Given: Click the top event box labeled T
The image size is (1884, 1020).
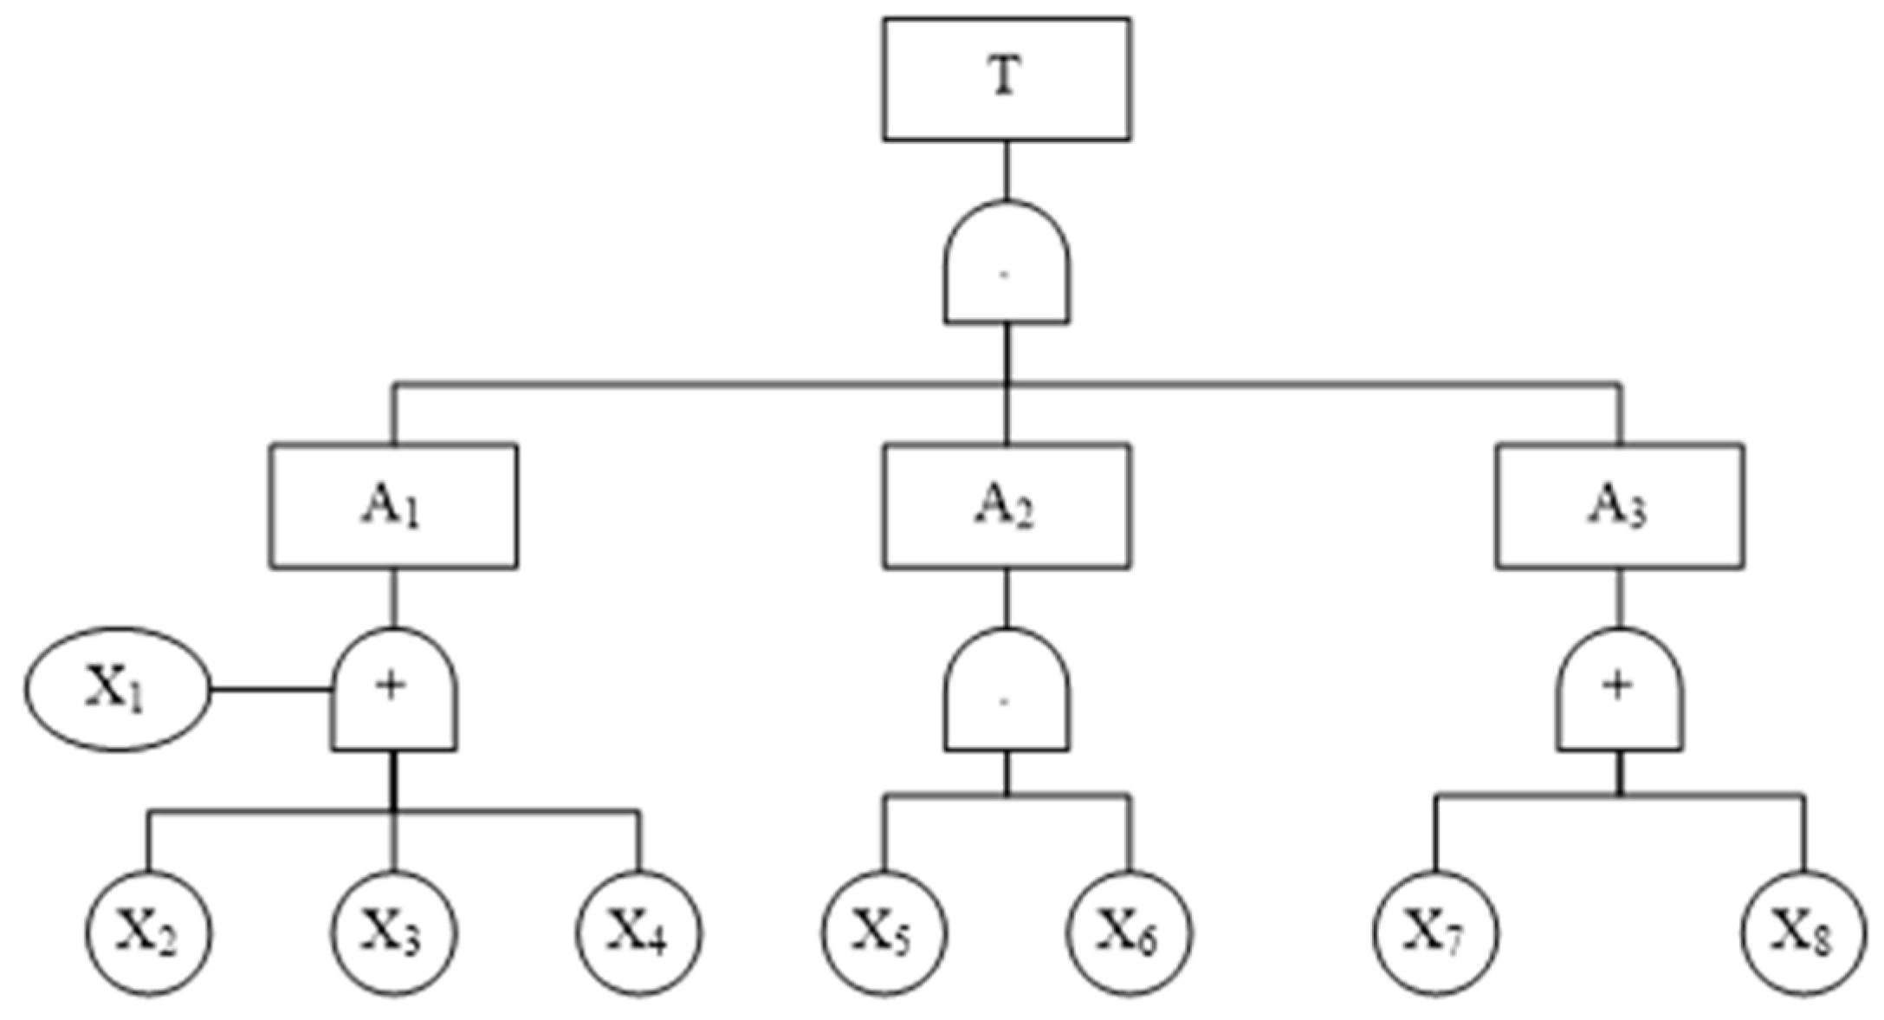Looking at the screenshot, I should point(1006,79).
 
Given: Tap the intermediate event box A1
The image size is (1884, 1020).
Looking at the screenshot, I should point(393,506).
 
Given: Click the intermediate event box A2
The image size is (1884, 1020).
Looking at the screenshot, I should point(1006,506).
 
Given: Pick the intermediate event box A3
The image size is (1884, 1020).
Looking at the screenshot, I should point(1619,506).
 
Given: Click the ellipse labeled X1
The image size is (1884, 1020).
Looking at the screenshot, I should point(118,689).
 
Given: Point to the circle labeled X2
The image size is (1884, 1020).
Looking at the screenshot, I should point(149,933).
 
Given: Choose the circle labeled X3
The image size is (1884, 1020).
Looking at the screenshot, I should point(393,933).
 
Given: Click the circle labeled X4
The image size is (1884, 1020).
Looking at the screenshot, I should point(639,933).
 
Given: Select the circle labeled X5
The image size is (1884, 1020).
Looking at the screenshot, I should point(884,933).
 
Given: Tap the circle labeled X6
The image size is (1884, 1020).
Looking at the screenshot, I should point(1129,933).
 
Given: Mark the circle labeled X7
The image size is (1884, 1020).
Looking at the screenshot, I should point(1435,933).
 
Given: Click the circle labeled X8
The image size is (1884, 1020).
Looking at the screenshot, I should point(1804,933).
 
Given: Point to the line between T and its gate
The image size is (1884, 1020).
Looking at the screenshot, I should point(1006,171).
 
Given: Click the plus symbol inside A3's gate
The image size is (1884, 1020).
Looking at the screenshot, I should point(1617,686).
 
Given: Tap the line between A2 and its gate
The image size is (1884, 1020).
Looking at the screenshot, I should point(1006,598).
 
